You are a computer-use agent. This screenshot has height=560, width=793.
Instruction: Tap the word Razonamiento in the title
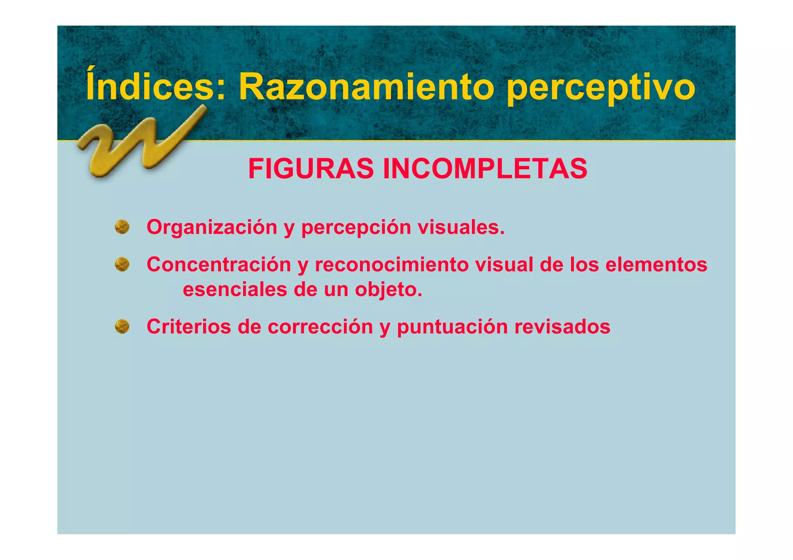(366, 87)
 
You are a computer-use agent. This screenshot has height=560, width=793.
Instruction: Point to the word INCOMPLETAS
(485, 169)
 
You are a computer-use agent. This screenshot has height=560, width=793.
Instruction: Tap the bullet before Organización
(122, 227)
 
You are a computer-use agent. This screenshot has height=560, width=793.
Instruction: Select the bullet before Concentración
(122, 264)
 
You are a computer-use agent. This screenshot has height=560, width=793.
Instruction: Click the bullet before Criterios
(122, 326)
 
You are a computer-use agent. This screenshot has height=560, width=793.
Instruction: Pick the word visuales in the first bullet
(461, 227)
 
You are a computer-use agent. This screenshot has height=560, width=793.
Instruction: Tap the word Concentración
(219, 265)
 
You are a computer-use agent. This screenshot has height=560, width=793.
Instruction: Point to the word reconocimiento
(391, 265)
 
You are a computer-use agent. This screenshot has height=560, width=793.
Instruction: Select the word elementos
(656, 265)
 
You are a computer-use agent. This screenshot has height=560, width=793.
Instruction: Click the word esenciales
(235, 289)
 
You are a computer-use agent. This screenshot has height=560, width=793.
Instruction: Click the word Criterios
(189, 326)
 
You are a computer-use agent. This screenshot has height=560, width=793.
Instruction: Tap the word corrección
(320, 327)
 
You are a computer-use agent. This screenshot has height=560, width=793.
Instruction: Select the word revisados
(562, 326)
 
